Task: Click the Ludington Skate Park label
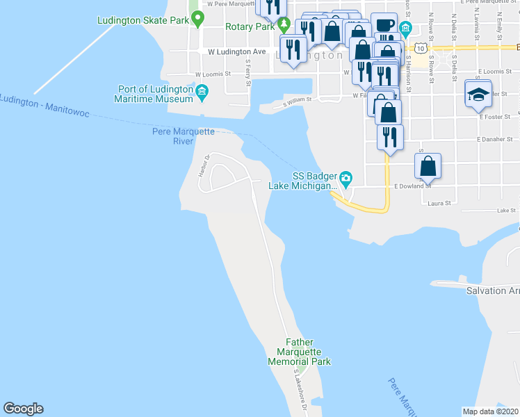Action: pos(143,21)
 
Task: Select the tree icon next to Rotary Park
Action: pos(284,26)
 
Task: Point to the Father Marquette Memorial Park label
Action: pos(299,352)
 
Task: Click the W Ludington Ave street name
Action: pos(237,51)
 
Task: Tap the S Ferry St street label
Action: pos(247,72)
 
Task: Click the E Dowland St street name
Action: pos(413,186)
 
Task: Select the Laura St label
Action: pos(439,204)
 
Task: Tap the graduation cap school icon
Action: pos(478,94)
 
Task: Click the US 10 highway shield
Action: pos(421,48)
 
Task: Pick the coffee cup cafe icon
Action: pos(383,25)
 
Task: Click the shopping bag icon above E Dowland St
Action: pos(428,166)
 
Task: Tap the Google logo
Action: pos(23,409)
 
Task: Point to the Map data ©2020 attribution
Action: pos(490,411)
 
